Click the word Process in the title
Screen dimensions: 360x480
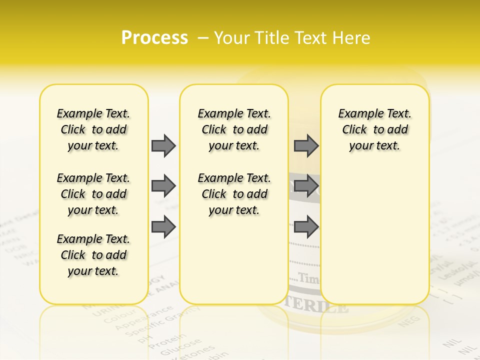pos(154,37)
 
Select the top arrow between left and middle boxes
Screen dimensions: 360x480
pos(163,145)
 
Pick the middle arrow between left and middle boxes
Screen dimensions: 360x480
pos(163,186)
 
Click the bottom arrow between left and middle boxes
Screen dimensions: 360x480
pos(163,226)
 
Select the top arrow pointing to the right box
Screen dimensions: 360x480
pos(306,145)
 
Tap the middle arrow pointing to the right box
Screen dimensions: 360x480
pos(306,186)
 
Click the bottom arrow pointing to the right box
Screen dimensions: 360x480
pos(306,226)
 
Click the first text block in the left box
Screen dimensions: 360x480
pos(93,129)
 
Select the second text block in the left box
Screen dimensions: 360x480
pos(93,194)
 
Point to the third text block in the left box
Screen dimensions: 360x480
pos(93,255)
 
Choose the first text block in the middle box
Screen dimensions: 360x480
pos(234,129)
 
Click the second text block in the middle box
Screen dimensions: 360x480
pos(234,194)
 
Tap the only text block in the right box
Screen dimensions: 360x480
pos(374,129)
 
